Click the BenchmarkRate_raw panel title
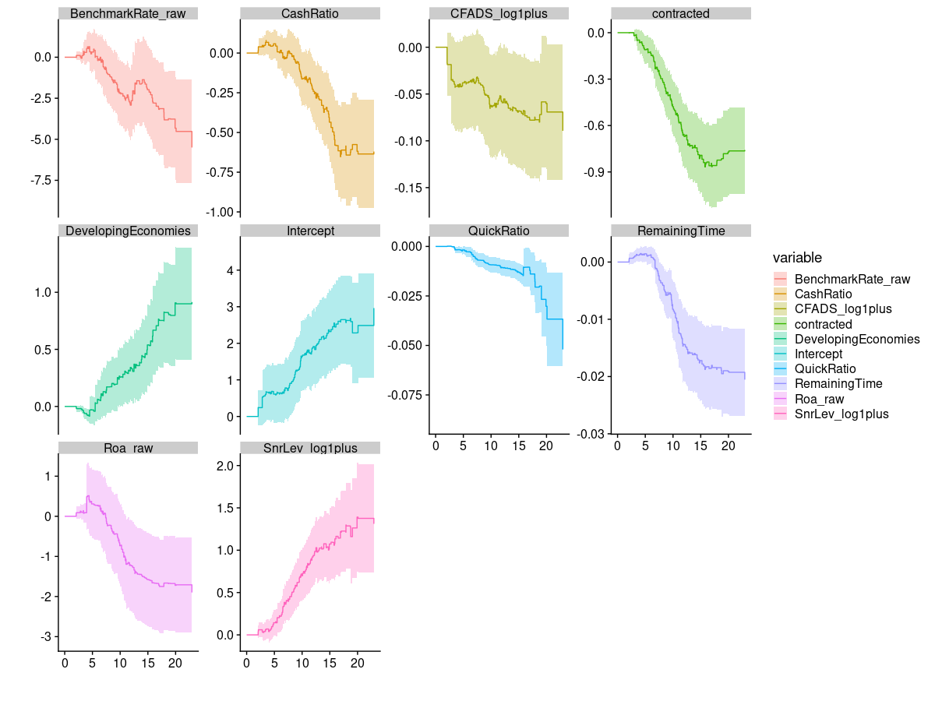pyautogui.click(x=128, y=14)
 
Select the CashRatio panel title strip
pyautogui.click(x=310, y=14)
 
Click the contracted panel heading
pyautogui.click(x=680, y=14)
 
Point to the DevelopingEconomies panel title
pyautogui.click(x=128, y=231)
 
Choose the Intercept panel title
pyautogui.click(x=310, y=231)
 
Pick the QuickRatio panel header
pyautogui.click(x=499, y=231)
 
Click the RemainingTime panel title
pyautogui.click(x=680, y=231)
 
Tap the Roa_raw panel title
pyautogui.click(x=128, y=448)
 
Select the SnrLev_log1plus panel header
pyautogui.click(x=310, y=448)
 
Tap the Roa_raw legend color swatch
pyautogui.click(x=781, y=399)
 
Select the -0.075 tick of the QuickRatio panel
pyautogui.click(x=405, y=395)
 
